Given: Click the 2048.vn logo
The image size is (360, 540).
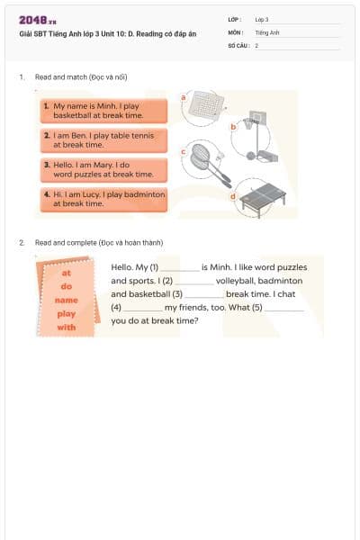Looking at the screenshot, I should point(37,20).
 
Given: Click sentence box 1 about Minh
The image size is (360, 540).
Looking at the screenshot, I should point(104,111).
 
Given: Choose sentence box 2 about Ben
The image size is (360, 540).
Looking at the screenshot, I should point(104,139).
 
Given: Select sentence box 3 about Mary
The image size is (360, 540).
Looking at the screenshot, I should point(104,169).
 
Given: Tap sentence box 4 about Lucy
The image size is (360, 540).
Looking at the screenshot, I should point(104,199).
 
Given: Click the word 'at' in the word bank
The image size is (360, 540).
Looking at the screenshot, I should point(67,272).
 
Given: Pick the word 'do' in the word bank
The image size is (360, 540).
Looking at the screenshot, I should point(67,285).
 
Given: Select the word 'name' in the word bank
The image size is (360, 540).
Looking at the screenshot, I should point(67,300).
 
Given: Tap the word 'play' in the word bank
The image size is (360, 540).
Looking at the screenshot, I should point(67,314).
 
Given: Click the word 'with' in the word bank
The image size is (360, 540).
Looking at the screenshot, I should point(67,328).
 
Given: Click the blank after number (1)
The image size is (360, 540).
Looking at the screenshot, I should point(179,268).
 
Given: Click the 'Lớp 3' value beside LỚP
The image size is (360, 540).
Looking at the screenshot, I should point(262,19).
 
